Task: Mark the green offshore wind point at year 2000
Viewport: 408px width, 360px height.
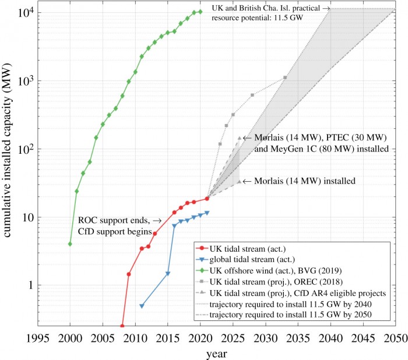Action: coord(70,243)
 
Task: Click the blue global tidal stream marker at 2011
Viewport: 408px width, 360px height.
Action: coord(142,306)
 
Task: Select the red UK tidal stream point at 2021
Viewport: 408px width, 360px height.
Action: coord(207,199)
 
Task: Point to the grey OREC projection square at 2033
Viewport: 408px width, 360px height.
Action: coord(285,77)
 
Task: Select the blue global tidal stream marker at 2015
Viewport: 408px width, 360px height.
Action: coord(168,273)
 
